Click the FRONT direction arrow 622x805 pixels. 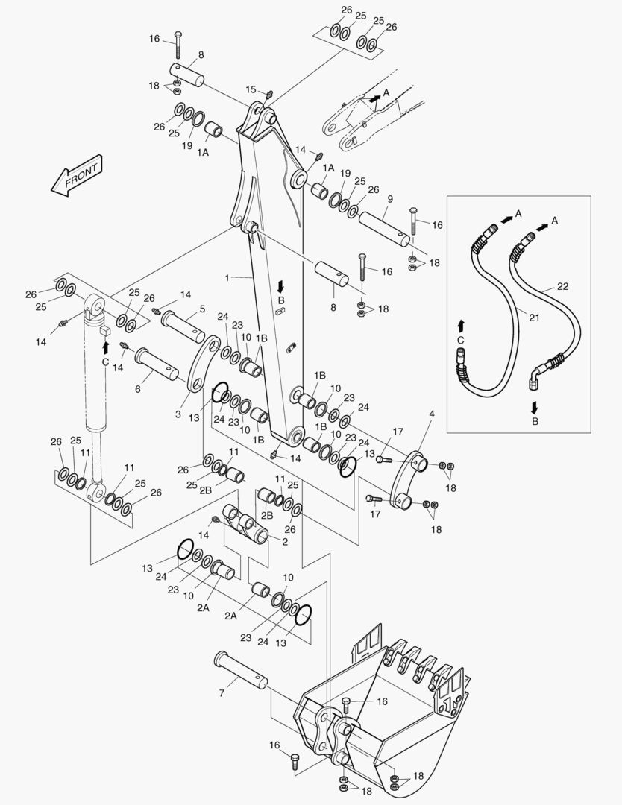click(x=76, y=177)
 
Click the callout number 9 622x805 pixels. click(x=389, y=200)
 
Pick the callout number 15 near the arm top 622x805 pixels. click(x=251, y=89)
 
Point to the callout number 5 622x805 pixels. click(x=202, y=309)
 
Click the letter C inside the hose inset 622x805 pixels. click(x=460, y=340)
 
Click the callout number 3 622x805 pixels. click(x=178, y=414)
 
